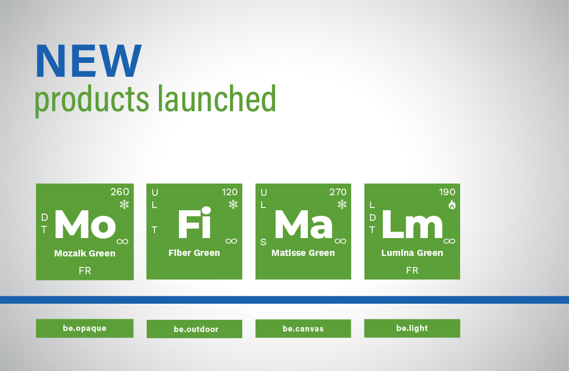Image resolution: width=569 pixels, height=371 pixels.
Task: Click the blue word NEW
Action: (x=88, y=61)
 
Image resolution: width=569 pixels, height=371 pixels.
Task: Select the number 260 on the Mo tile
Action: (x=120, y=192)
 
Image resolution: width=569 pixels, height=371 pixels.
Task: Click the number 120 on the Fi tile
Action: (x=229, y=192)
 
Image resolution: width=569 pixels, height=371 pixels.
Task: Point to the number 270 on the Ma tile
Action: (x=338, y=192)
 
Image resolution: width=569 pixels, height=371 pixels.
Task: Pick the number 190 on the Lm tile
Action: (x=447, y=192)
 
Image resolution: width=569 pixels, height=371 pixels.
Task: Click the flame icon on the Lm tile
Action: (x=452, y=205)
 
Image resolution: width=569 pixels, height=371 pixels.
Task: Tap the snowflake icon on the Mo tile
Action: (x=124, y=204)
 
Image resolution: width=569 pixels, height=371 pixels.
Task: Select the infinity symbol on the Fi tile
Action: (x=231, y=241)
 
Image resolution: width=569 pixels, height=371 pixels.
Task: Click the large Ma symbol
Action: (x=303, y=224)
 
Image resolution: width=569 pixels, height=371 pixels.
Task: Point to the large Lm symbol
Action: (x=412, y=224)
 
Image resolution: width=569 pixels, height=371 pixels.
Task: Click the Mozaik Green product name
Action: (x=85, y=253)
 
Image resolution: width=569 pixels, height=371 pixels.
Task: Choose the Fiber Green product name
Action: (x=194, y=253)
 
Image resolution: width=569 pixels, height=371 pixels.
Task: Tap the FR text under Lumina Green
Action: (x=412, y=270)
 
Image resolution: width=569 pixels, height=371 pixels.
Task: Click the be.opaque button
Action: (x=84, y=328)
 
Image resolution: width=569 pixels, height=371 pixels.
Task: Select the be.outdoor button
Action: (x=194, y=329)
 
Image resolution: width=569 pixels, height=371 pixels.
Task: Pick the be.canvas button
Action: (x=303, y=329)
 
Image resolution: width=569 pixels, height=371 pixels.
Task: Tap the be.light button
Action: (x=412, y=328)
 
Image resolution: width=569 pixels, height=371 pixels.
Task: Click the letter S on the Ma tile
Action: (x=263, y=243)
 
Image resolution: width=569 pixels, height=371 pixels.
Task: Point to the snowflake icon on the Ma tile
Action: (x=342, y=204)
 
